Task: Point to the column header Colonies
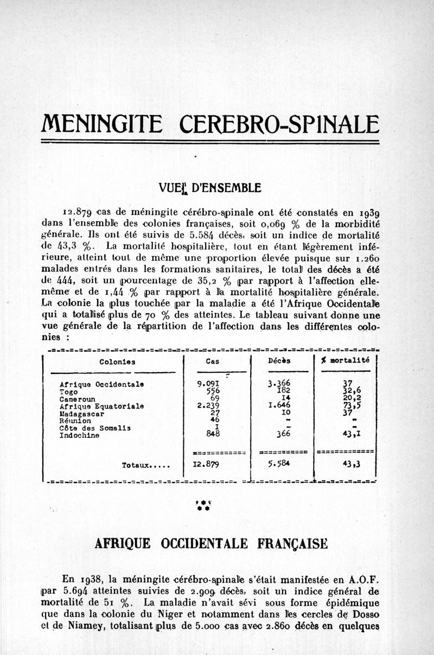118,361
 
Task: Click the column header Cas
213,361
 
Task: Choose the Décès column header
279,361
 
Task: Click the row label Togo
68,391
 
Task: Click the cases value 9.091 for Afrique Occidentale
208,384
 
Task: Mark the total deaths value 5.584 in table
279,464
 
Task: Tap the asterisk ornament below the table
203,506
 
